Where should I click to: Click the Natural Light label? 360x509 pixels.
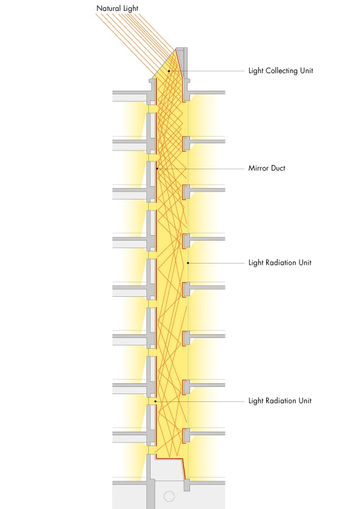pos(117,8)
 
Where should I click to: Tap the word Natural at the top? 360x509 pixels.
pos(108,8)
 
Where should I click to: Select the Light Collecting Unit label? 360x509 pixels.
pos(281,71)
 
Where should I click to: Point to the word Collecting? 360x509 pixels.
pos(282,71)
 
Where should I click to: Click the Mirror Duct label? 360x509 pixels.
pos(267,168)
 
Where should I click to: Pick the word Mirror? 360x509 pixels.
pos(258,168)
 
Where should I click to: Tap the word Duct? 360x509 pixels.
pos(278,168)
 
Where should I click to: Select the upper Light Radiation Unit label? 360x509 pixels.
pos(280,262)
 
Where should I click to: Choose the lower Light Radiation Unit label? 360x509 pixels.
pos(280,401)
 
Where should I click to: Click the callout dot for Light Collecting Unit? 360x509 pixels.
pos(169,71)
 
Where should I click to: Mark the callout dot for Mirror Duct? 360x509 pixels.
pos(157,169)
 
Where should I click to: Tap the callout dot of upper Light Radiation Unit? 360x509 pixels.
pos(188,263)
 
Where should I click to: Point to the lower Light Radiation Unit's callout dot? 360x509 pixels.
pos(155,401)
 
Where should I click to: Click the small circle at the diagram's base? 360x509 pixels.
pos(169,496)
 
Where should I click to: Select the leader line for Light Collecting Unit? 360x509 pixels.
pos(207,71)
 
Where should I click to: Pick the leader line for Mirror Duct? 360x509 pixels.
pos(200,169)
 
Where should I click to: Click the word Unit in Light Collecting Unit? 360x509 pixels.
pos(307,71)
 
